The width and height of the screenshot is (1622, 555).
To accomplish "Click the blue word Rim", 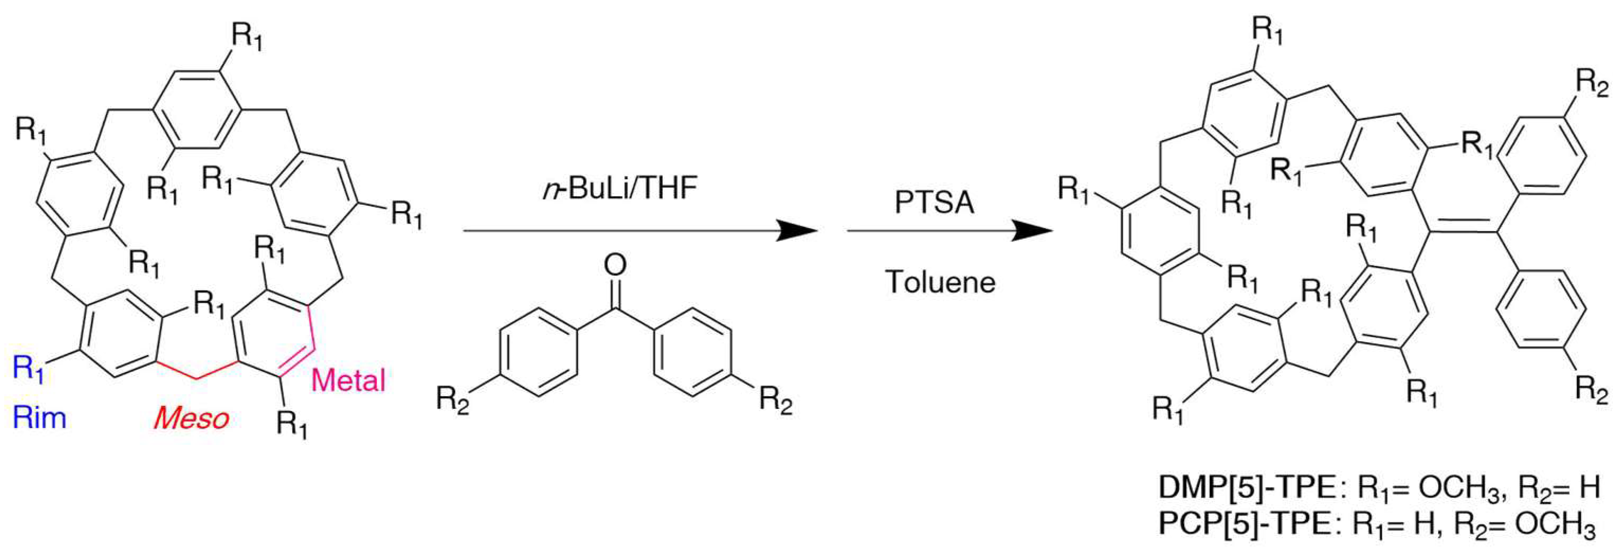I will pos(39,417).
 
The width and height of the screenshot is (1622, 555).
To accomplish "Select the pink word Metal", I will pos(348,380).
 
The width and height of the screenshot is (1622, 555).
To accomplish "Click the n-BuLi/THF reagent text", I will pos(620,187).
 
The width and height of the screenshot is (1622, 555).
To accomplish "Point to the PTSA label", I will pos(934,203).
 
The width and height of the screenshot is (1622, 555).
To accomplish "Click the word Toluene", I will pos(941,281).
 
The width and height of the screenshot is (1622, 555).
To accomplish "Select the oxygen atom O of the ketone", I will pos(615,265).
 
